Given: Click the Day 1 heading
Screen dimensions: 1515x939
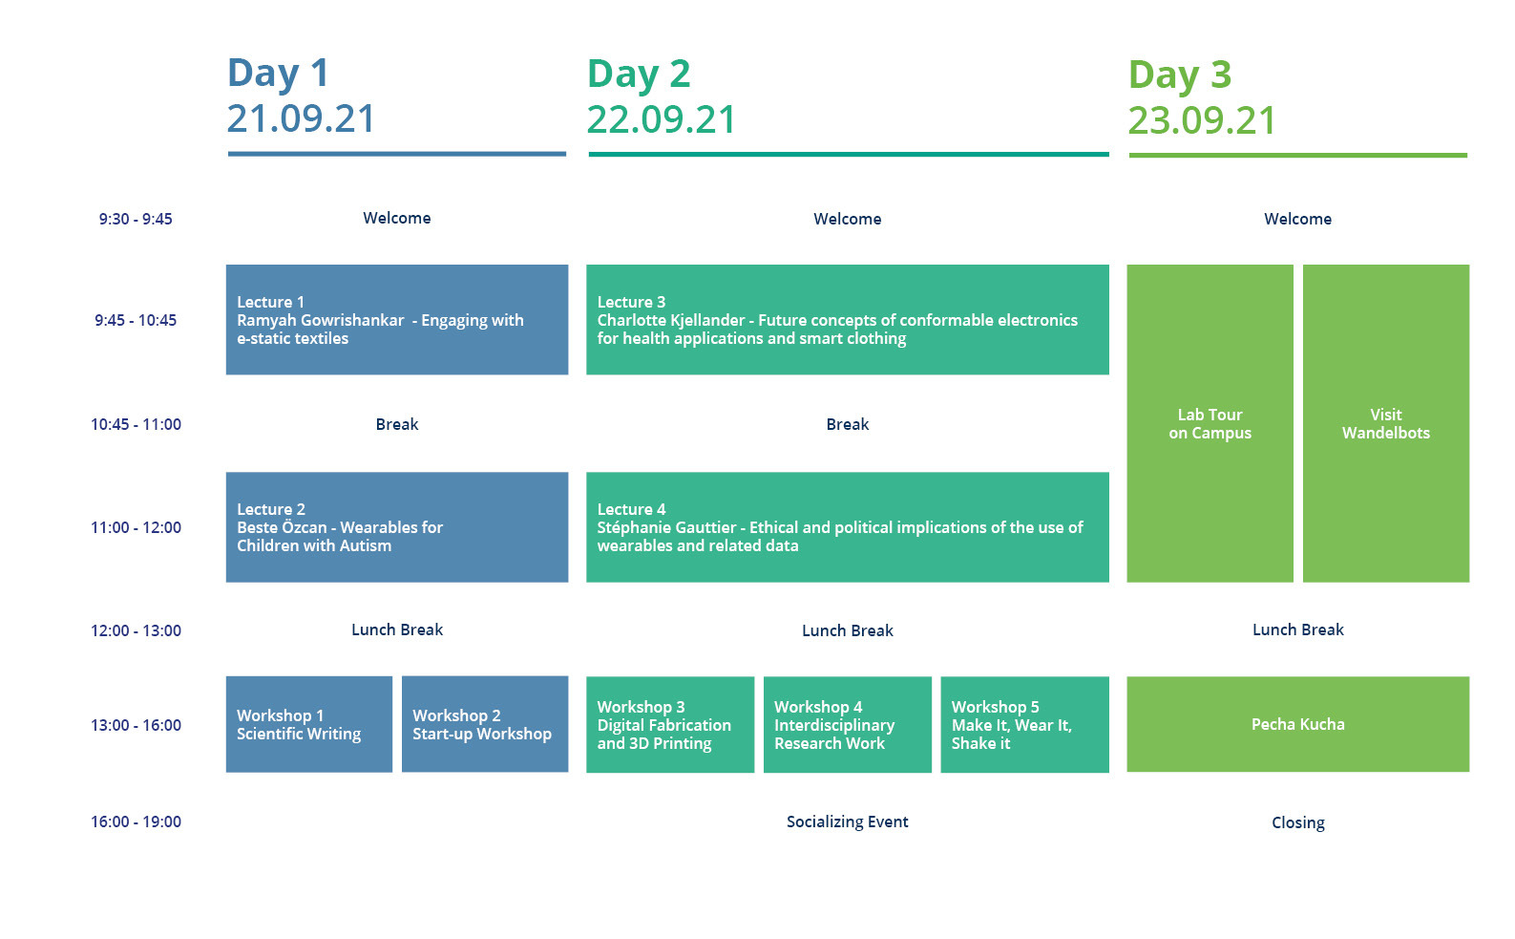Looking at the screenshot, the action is [x=278, y=74].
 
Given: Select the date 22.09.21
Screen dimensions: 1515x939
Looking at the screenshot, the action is [x=661, y=119].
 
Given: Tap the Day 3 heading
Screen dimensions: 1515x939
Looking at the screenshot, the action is [x=1180, y=75].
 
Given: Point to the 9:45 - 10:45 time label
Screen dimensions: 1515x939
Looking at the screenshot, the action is [x=136, y=320].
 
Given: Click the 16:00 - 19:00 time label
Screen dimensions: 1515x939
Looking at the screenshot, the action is [x=136, y=822].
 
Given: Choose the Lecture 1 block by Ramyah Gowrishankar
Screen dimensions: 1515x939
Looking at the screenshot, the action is [x=397, y=320].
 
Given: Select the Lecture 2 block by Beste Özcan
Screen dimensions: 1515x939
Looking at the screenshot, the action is [x=397, y=527].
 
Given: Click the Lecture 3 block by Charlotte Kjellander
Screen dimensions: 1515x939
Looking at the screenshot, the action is [x=848, y=320].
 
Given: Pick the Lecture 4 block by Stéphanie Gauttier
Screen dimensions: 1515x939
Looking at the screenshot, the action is [x=848, y=527].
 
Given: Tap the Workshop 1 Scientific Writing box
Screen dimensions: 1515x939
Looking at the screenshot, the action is [x=309, y=724].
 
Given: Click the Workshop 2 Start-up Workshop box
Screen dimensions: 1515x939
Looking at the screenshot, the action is [x=485, y=724].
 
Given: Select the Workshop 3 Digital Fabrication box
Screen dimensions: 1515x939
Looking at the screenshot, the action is [x=670, y=724].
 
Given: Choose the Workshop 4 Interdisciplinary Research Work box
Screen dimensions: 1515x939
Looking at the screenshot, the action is [x=848, y=724].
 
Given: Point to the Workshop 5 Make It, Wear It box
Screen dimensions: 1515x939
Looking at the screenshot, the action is [x=1024, y=724].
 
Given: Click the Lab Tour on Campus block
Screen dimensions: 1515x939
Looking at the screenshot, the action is [x=1210, y=423].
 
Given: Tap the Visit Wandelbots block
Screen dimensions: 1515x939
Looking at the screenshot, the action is [x=1386, y=423].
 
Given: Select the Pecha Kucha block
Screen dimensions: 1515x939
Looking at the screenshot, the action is [x=1298, y=724].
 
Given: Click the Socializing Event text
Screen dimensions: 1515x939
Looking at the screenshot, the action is [x=848, y=822].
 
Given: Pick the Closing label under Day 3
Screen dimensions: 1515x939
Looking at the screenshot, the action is [x=1298, y=822].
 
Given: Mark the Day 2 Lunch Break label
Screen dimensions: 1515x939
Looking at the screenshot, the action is [x=848, y=631].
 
